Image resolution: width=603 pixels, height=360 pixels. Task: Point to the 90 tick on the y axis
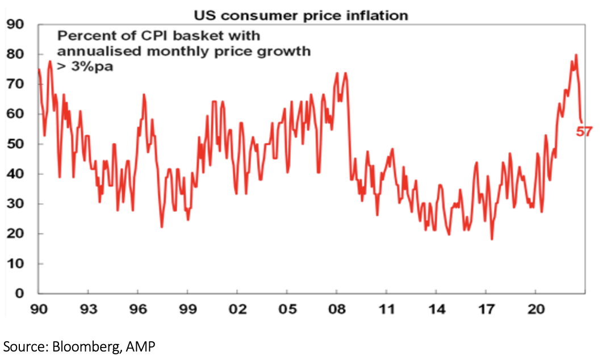(15, 24)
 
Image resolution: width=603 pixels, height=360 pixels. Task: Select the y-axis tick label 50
(15, 144)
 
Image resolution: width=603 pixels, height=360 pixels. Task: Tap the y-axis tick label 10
(15, 264)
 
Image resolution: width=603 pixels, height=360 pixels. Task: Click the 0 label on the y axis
(19, 294)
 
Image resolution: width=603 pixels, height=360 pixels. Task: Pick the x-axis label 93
(88, 311)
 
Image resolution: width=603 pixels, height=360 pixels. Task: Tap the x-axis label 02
(237, 311)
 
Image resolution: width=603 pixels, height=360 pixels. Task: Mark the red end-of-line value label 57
(584, 132)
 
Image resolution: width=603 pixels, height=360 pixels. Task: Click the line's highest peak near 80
(576, 55)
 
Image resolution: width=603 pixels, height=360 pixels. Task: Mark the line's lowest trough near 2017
(492, 239)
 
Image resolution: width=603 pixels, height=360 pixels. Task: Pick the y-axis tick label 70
(15, 84)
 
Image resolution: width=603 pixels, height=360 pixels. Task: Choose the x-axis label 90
(39, 311)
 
